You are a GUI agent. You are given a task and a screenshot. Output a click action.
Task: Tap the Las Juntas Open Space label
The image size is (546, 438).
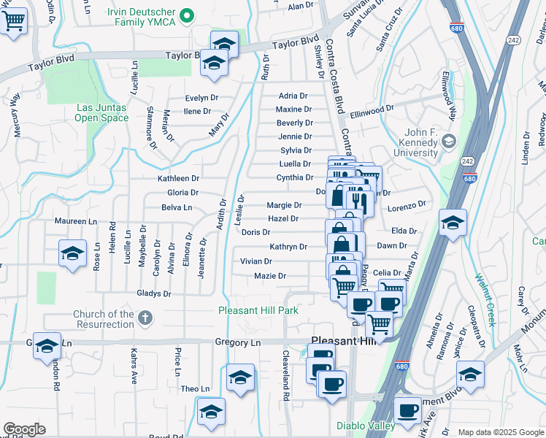click(101, 112)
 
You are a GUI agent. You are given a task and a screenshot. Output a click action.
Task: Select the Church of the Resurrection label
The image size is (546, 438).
click(104, 319)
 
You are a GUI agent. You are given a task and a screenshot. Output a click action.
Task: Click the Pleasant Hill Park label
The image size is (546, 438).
click(258, 310)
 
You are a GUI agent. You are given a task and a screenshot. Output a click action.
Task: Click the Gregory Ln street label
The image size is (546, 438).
click(237, 342)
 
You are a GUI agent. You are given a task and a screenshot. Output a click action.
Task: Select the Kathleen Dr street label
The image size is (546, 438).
click(179, 178)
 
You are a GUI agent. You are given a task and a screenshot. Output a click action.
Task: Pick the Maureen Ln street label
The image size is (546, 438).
click(76, 221)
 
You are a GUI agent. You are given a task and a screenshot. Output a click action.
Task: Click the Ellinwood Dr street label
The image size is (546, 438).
click(372, 107)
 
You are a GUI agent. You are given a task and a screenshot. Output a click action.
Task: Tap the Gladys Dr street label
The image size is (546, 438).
click(153, 293)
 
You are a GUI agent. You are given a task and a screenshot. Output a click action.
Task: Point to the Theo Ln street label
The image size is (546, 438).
click(195, 389)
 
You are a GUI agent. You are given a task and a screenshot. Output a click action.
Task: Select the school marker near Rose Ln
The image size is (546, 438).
click(72, 254)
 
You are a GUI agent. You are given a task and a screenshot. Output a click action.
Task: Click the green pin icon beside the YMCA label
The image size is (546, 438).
click(188, 14)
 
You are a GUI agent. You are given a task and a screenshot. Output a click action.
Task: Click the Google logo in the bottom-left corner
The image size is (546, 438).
click(25, 429)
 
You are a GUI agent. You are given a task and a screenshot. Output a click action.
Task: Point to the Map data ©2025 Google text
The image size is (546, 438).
click(501, 432)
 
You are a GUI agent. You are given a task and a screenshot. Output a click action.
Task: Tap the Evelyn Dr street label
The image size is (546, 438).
click(201, 98)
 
